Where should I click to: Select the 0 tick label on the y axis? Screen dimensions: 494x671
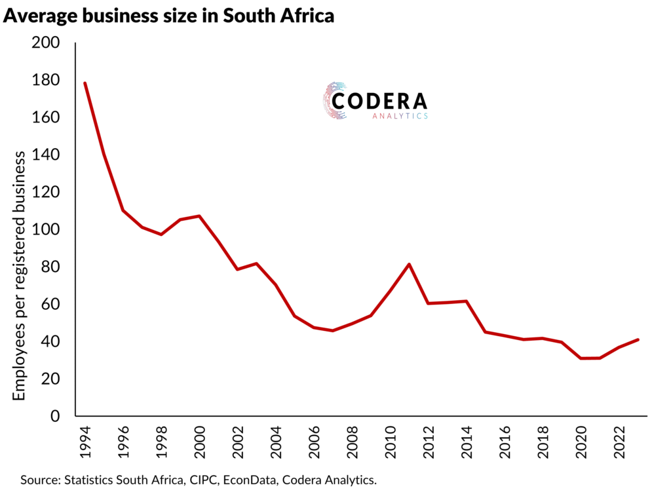point(56,416)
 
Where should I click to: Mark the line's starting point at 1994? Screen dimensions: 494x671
point(85,83)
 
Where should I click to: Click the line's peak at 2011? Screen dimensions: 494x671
point(409,264)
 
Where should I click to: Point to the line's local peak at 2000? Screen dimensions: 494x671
point(199,216)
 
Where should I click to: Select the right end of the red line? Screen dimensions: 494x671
point(638,339)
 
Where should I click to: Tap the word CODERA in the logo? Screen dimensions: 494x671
point(379,101)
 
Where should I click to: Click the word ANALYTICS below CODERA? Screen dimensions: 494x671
point(400,116)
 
